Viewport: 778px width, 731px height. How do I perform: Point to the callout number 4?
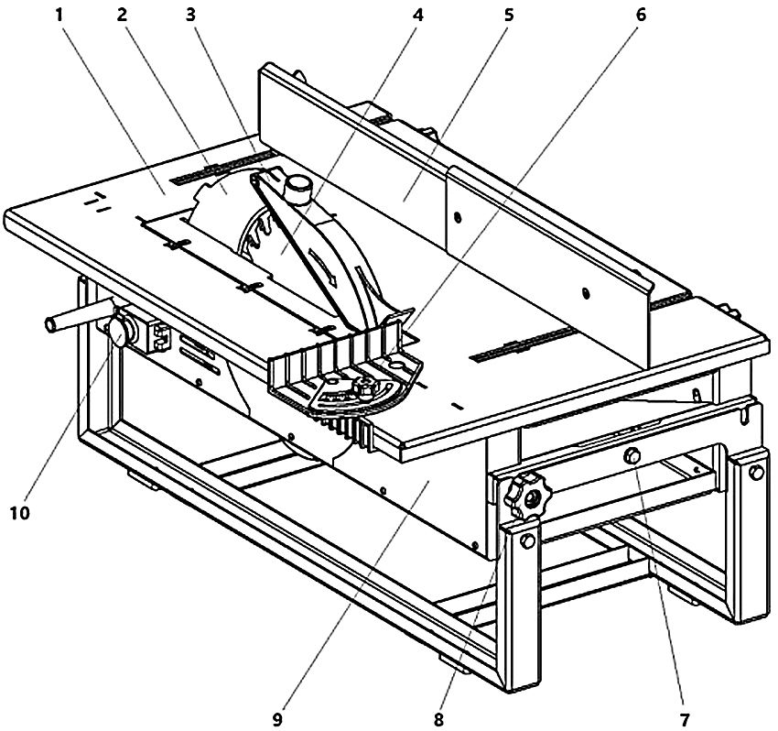[x=418, y=16]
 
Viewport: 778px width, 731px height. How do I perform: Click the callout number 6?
[x=641, y=16]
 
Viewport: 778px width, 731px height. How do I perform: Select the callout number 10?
[x=20, y=513]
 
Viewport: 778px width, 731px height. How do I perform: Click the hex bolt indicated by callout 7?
[x=632, y=455]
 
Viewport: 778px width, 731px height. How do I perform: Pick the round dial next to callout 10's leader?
[x=119, y=332]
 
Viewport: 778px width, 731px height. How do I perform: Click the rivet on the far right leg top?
[x=754, y=473]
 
